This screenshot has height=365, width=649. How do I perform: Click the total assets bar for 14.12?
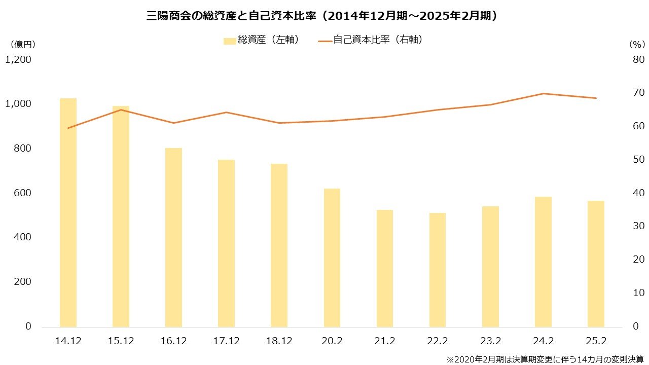tap(68, 212)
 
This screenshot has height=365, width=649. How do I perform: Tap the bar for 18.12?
tap(279, 245)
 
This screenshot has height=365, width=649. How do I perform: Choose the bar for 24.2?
tap(543, 262)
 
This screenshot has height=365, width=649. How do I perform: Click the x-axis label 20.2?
tap(332, 341)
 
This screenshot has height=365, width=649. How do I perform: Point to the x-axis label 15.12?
tap(121, 341)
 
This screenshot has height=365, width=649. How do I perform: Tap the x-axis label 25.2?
tap(596, 341)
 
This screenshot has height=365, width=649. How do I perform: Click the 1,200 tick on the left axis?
tap(18, 60)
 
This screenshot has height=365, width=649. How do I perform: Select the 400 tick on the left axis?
tap(22, 237)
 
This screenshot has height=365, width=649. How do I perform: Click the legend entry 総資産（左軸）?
tap(261, 40)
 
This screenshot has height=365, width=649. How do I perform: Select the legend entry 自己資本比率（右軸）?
tap(371, 40)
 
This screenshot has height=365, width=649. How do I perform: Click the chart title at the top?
tap(324, 16)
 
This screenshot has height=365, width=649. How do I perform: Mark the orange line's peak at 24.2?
tap(543, 93)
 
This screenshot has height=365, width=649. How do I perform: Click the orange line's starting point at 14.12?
tap(68, 128)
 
